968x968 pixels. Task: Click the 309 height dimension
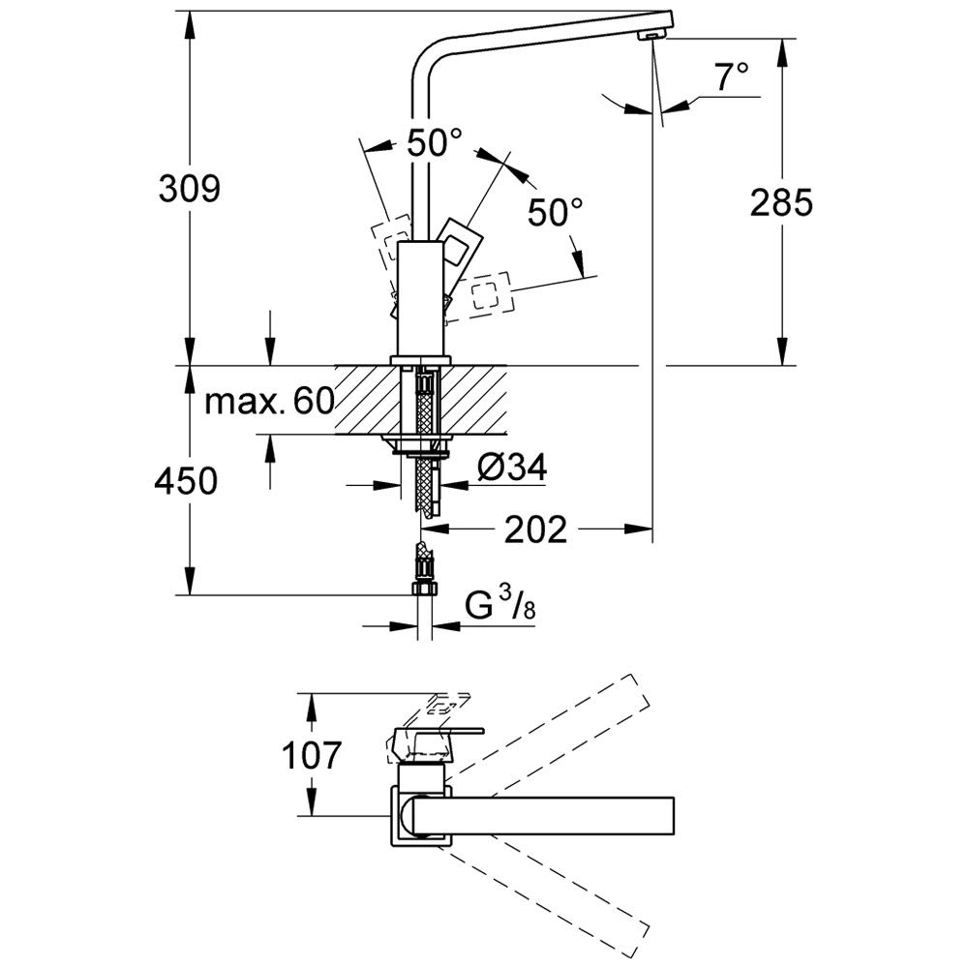[191, 188]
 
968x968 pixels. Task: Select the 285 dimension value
[780, 202]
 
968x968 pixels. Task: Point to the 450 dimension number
[185, 480]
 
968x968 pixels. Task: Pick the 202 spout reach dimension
[535, 529]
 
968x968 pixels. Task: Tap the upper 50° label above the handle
[433, 144]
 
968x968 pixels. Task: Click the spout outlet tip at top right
[654, 35]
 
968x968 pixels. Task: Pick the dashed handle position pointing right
[490, 292]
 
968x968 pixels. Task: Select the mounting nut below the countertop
[420, 447]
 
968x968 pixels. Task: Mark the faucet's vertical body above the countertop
[420, 300]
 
